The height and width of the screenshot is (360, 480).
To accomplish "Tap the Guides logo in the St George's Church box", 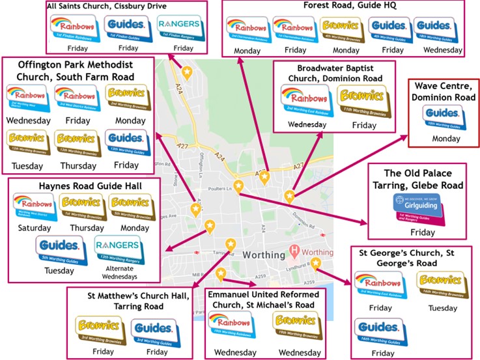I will pos(377,329).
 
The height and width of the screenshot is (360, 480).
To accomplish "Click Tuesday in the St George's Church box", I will pos(442,307).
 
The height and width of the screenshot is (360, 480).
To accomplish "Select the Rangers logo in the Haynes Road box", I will pos(117,247).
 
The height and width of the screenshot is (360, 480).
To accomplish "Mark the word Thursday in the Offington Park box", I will pos(76,166).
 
